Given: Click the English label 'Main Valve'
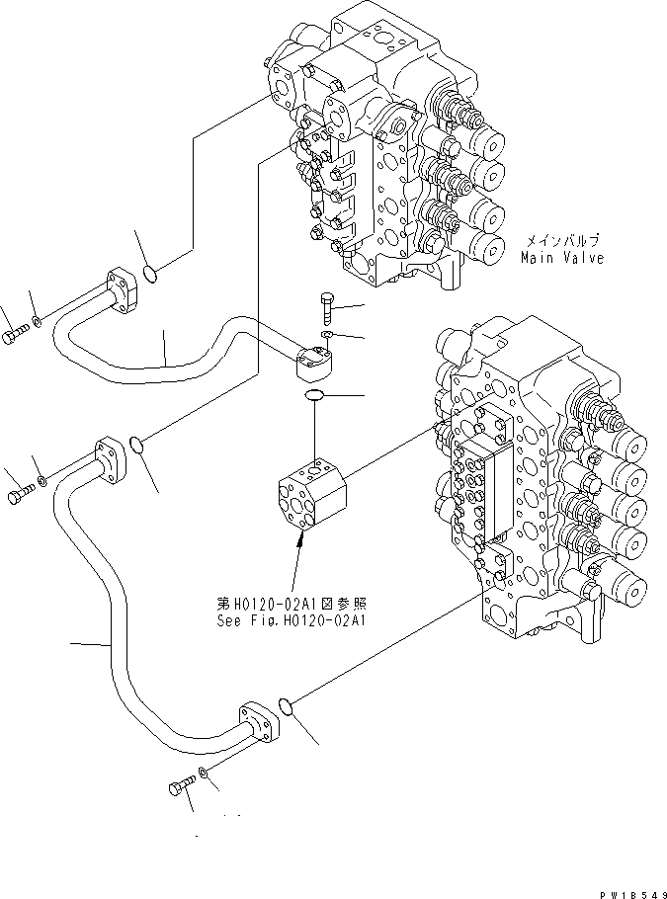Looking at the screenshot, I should click(562, 258).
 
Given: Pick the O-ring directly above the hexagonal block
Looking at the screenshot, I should click(313, 396).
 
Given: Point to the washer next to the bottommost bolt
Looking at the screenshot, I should click(203, 773).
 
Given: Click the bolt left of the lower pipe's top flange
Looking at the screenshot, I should click(19, 493).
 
